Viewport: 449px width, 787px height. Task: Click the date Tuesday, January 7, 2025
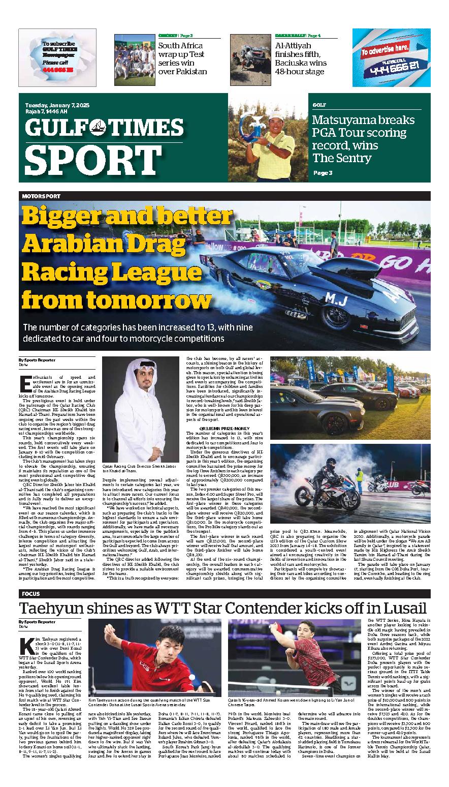[x=57, y=105]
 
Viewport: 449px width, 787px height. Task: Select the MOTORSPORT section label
[x=41, y=196]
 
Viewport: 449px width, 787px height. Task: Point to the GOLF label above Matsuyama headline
[x=319, y=104]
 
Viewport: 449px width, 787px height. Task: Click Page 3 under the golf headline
[x=323, y=173]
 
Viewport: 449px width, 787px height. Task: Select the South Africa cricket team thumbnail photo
[x=134, y=59]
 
